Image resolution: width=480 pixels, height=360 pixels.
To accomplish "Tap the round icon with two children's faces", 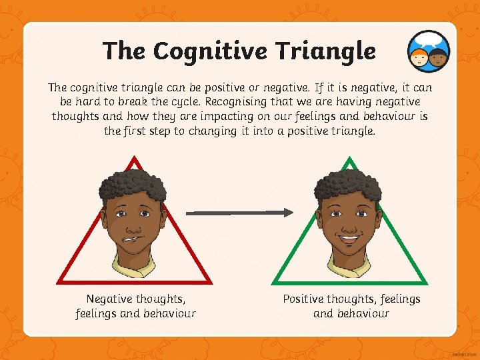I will tap(428, 53).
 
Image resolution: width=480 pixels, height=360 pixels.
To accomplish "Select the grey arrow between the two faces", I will tap(239, 213).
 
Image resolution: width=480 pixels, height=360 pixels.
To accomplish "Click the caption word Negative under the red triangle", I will tap(109, 299).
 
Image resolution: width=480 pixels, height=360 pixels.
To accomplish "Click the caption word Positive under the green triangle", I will tap(306, 299).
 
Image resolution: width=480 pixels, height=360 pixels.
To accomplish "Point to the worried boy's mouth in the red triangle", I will tap(132, 238).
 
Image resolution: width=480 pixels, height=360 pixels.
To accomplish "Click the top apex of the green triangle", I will tap(349, 161).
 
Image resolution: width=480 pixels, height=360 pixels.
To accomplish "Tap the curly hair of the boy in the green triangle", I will tap(347, 181).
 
